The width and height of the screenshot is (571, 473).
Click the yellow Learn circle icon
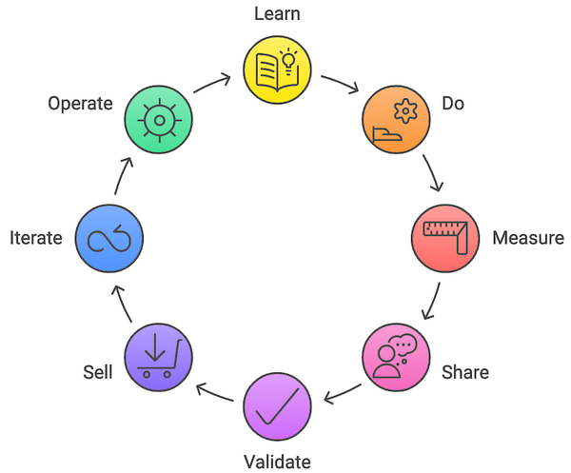(277, 70)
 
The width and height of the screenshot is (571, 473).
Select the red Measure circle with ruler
(444, 238)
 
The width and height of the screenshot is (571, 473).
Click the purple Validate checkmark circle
(277, 406)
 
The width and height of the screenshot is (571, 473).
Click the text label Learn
(277, 14)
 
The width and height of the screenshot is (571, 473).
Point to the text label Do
(453, 103)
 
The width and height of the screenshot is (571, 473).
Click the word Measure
(527, 238)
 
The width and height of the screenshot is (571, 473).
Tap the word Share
(464, 372)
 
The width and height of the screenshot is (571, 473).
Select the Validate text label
(277, 462)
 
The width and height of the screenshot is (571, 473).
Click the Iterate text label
(35, 238)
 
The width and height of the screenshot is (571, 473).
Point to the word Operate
(80, 103)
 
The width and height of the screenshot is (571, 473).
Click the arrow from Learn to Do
(340, 82)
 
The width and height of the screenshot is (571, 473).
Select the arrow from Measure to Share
(432, 300)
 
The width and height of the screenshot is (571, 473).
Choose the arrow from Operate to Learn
(213, 82)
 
